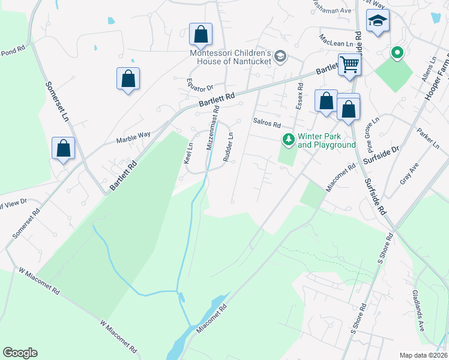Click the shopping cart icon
click(349, 65)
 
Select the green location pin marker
click(396, 53)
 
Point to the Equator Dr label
click(200, 86)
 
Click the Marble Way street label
click(133, 136)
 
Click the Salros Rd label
click(267, 124)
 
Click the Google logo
click(20, 353)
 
